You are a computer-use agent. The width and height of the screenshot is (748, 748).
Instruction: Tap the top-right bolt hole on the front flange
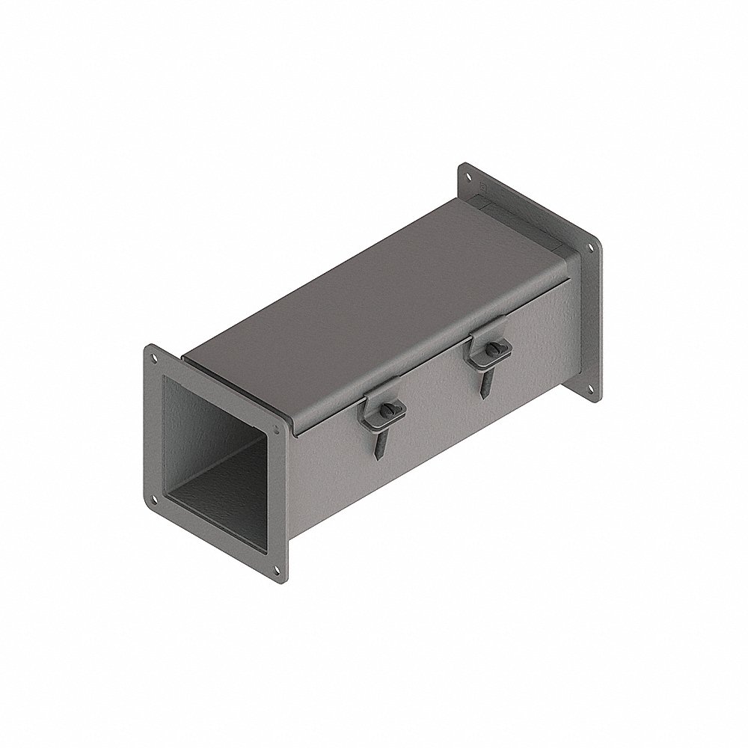(x=278, y=432)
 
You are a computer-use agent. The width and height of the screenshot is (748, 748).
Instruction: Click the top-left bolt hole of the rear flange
(x=469, y=177)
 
